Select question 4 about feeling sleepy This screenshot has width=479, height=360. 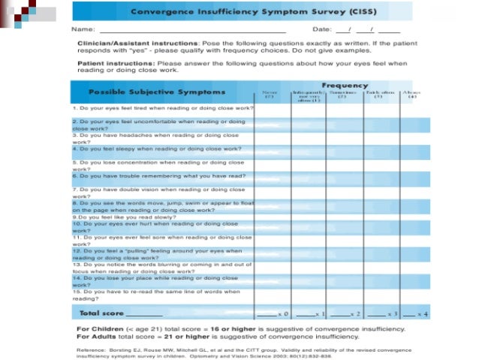tap(157, 149)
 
